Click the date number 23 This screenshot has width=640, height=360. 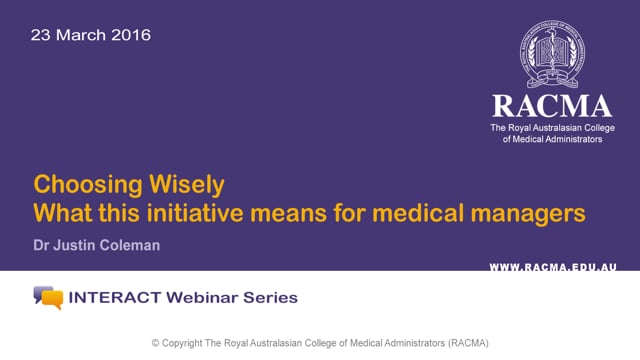[41, 35]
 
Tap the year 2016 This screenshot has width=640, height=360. [129, 35]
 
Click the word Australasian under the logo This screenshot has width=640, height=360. [567, 129]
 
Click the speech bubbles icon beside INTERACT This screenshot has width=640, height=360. [47, 297]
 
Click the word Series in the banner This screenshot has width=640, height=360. [270, 297]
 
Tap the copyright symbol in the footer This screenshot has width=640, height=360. [156, 342]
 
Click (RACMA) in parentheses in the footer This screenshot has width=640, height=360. [464, 342]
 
